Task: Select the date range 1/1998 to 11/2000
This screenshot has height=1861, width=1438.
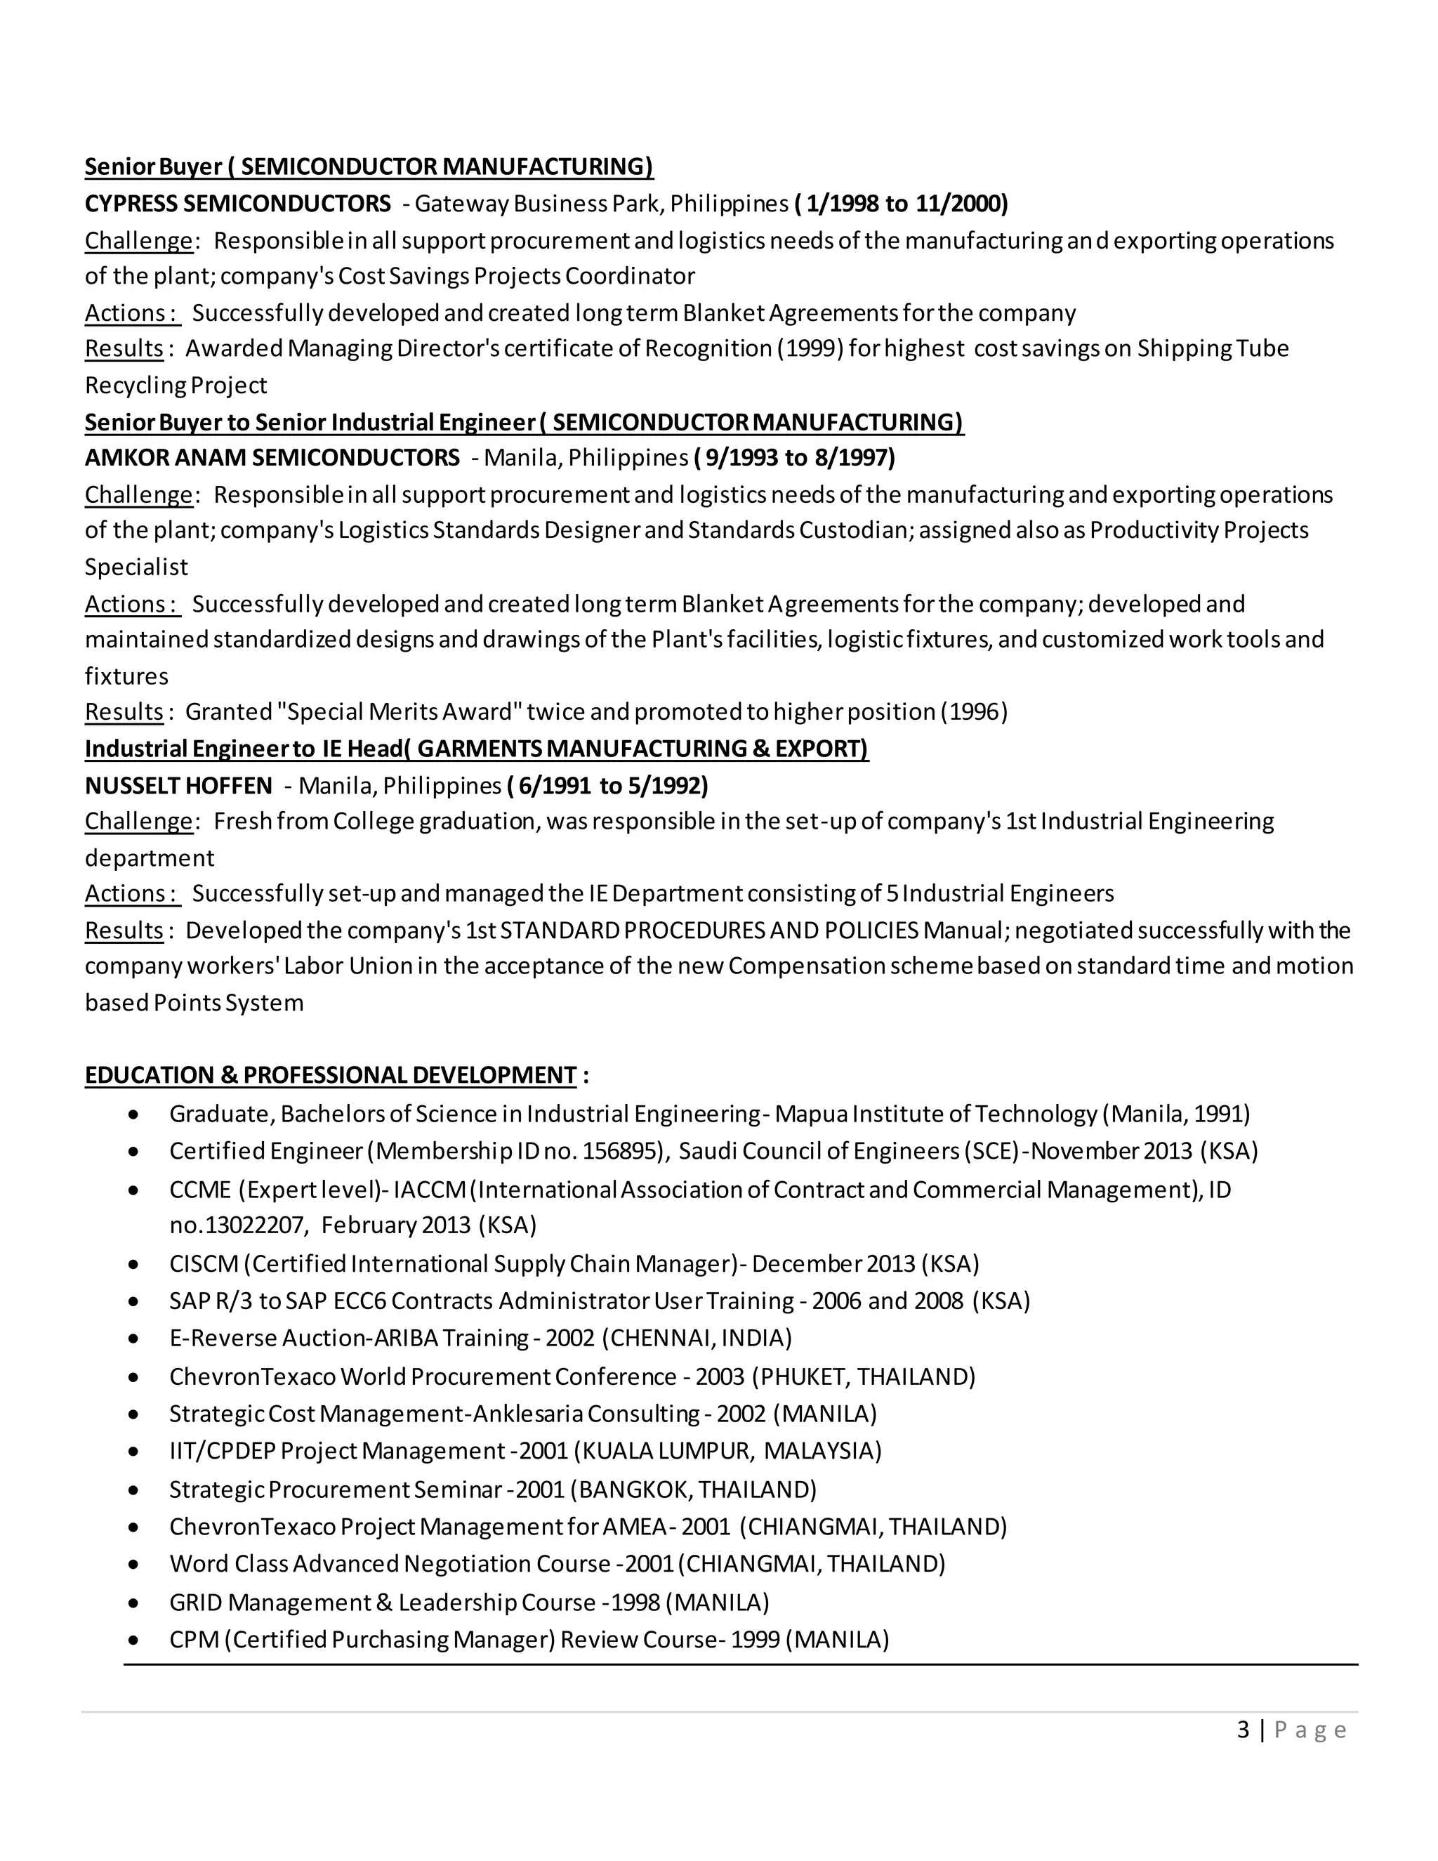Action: click(902, 204)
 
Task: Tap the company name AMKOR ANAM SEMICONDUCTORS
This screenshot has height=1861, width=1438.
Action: click(272, 458)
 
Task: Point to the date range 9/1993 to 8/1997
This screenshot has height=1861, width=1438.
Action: click(795, 458)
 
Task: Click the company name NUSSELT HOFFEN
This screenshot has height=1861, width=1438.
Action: click(178, 785)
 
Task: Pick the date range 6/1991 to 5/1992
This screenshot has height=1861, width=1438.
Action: click(607, 785)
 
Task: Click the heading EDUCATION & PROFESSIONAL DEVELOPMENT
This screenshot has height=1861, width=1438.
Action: click(331, 1074)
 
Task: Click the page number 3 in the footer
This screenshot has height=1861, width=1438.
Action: click(1244, 1729)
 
